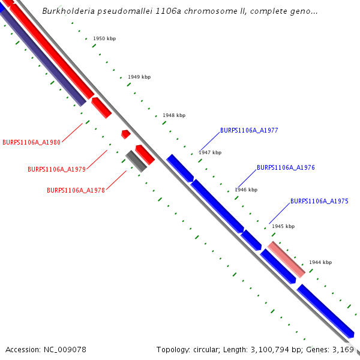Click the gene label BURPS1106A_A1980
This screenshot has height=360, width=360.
point(31,142)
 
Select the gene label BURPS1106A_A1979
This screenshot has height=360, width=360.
point(56,169)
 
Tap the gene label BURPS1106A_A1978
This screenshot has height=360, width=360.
point(76,190)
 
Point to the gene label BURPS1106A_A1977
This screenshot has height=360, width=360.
point(249,130)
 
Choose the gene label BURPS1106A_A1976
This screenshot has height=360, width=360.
point(286,168)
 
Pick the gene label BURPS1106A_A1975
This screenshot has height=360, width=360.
point(319,202)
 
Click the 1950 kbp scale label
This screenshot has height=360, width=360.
point(104,38)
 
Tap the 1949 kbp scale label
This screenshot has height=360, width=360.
point(139,77)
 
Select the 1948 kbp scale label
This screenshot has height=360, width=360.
point(174,115)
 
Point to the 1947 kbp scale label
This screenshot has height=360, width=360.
point(210,152)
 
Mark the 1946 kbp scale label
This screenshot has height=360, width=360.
point(246,190)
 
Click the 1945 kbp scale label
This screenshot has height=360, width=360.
point(283,226)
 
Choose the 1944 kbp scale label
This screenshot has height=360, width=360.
point(320,262)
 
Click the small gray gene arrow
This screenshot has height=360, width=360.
point(136,161)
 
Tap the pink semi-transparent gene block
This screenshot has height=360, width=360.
point(286,259)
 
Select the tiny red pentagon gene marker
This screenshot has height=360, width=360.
point(125,134)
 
